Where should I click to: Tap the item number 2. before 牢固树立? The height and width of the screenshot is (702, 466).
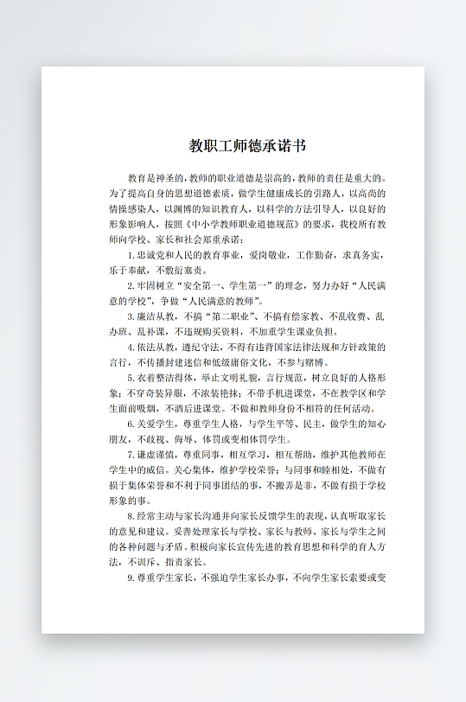[130, 285]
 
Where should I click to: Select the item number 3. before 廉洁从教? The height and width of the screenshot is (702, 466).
[130, 316]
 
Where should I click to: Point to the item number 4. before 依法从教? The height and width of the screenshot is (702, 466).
[130, 346]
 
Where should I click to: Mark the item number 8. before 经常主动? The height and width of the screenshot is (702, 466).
[130, 516]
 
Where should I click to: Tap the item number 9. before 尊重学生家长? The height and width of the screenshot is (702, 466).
[130, 577]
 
